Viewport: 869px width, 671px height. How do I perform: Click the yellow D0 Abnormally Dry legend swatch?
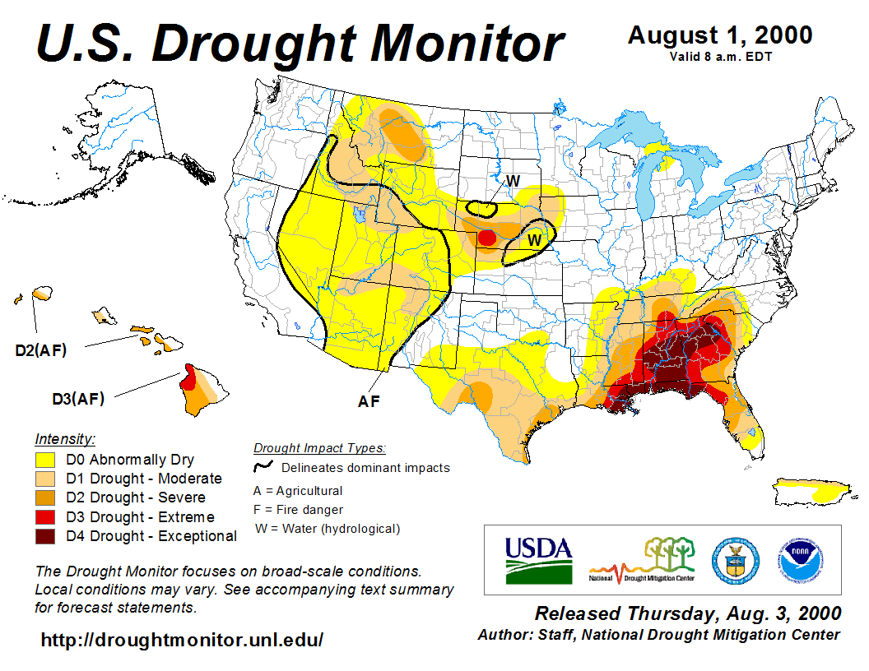pyautogui.click(x=45, y=460)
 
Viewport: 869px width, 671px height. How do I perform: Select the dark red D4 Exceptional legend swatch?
pyautogui.click(x=45, y=536)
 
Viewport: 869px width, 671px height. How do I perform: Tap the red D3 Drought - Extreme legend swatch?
pyautogui.click(x=45, y=517)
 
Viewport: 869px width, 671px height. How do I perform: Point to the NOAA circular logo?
pyautogui.click(x=797, y=559)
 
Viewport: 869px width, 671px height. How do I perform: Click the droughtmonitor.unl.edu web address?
pyautogui.click(x=182, y=639)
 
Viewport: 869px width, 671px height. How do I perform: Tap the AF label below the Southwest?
pyautogui.click(x=369, y=401)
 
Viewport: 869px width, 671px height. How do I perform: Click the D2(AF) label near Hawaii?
pyautogui.click(x=41, y=350)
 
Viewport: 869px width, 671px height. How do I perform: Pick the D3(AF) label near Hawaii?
pyautogui.click(x=78, y=399)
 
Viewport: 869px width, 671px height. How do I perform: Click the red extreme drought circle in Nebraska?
pyautogui.click(x=486, y=238)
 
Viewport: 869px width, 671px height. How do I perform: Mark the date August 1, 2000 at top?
pyautogui.click(x=720, y=35)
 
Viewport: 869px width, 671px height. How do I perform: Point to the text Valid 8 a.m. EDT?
pyautogui.click(x=720, y=57)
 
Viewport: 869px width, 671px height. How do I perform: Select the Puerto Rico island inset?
pyautogui.click(x=811, y=492)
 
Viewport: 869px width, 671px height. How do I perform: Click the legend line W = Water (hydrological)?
pyautogui.click(x=328, y=529)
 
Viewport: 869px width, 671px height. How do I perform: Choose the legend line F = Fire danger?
pyautogui.click(x=298, y=510)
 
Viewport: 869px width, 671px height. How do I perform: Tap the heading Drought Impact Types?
pyautogui.click(x=319, y=448)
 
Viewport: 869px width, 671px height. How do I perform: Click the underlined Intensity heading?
pyautogui.click(x=66, y=439)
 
